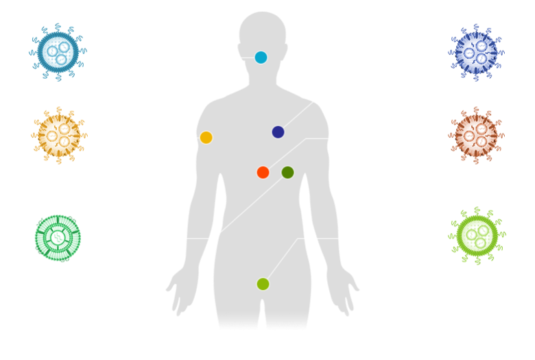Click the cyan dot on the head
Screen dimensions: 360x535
pyautogui.click(x=261, y=58)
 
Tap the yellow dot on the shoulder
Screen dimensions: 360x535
pyautogui.click(x=206, y=137)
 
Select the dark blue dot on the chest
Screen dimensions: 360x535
pyautogui.click(x=278, y=132)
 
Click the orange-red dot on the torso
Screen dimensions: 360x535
pyautogui.click(x=263, y=172)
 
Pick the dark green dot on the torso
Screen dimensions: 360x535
pyautogui.click(x=287, y=172)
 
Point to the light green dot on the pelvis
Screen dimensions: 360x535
pyautogui.click(x=263, y=284)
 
